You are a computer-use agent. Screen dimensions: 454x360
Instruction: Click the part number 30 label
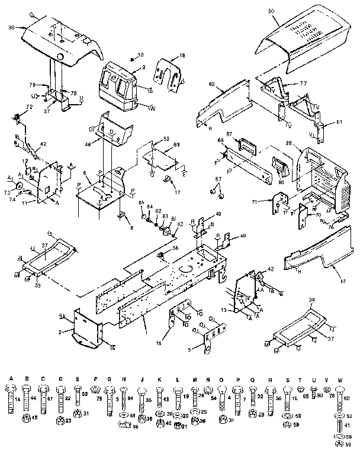[x=11, y=28]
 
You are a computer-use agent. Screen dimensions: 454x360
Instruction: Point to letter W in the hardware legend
[x=339, y=379]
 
